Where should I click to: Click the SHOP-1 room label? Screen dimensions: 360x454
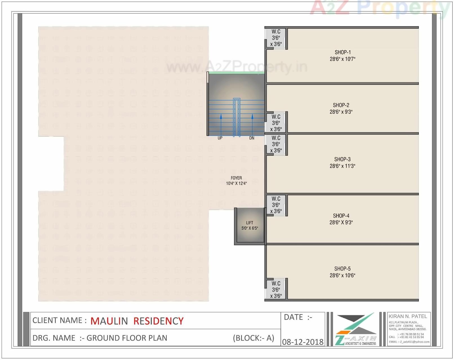(342, 52)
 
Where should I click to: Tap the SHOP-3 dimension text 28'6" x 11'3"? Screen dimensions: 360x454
(342, 166)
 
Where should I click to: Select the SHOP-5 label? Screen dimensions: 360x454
(342, 269)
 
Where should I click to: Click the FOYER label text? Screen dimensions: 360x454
(236, 178)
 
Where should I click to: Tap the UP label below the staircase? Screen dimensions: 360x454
(220, 138)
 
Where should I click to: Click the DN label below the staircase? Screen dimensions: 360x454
(252, 138)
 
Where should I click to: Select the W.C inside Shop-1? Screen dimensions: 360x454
(276, 38)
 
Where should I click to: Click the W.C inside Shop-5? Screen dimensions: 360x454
(276, 289)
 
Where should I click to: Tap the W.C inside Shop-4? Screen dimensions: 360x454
(276, 205)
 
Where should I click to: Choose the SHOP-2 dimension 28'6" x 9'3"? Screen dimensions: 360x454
(341, 112)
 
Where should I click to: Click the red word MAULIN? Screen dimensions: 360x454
(109, 321)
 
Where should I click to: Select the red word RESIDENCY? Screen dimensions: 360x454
(158, 321)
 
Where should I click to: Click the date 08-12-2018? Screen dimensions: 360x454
(303, 342)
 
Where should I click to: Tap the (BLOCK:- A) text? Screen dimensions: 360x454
(253, 338)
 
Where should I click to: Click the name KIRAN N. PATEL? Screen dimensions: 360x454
(408, 316)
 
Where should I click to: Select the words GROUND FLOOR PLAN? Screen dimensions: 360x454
(127, 338)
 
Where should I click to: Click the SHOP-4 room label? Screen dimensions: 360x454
(341, 216)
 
